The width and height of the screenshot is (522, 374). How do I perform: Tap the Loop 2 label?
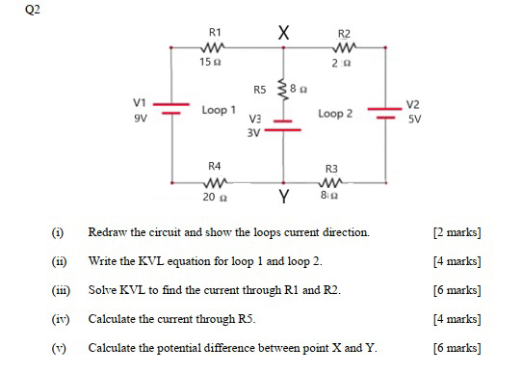point(334,114)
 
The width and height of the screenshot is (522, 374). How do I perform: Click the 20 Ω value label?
point(213,197)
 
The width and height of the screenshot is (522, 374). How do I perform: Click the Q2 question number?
point(13,9)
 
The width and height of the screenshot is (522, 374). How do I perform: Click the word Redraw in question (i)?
point(108,233)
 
